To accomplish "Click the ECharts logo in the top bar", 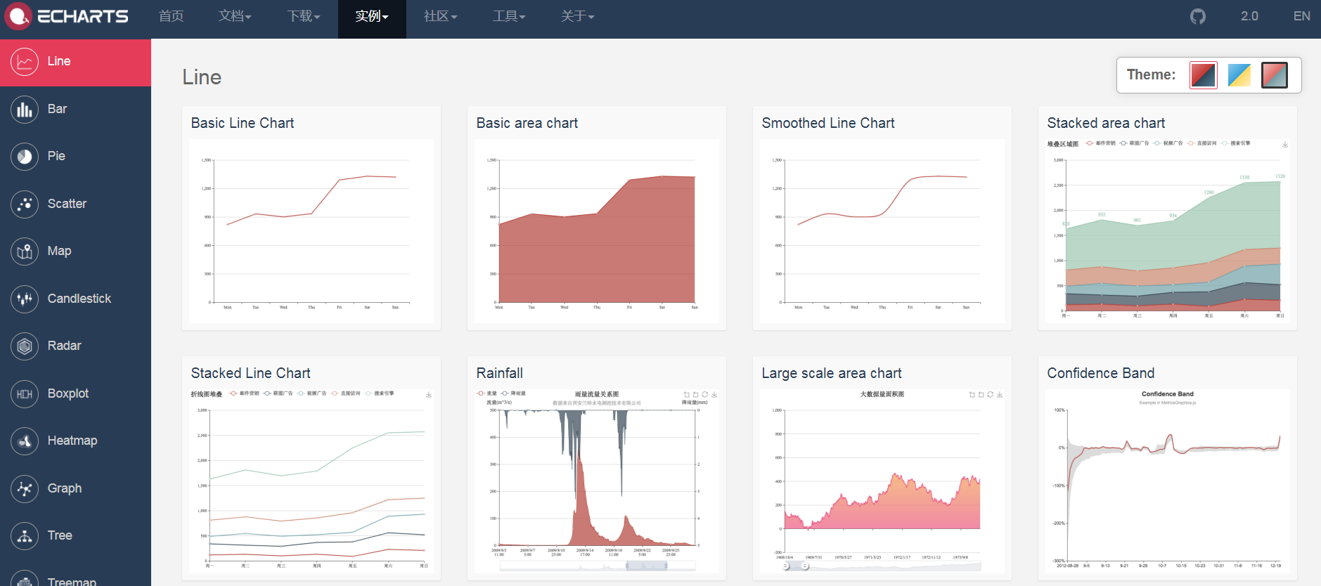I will pos(67,16).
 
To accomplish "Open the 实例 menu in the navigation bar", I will pos(371,16).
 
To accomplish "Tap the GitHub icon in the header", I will pos(1198,16).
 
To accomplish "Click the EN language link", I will pos(1301,16).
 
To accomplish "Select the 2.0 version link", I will pos(1249,16).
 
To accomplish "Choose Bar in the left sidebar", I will pos(57,109).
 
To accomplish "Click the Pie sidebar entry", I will pos(56,156).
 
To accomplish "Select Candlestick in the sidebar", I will pos(79,299).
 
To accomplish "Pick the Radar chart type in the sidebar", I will pos(64,346).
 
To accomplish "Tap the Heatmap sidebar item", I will pos(72,441).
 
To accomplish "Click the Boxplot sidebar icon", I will pos(25,393).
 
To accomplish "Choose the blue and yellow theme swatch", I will pos(1239,75).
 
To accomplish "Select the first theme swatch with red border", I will pos(1203,75).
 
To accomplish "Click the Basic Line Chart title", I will pos(243,123).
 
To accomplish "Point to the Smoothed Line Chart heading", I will pos(828,123).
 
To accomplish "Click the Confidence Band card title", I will pos(1100,373).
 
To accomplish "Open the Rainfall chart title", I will pos(499,373).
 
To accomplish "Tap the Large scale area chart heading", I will pos(831,373).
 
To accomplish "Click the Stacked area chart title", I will pos(1106,123).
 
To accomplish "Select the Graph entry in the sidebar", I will pos(64,488).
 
